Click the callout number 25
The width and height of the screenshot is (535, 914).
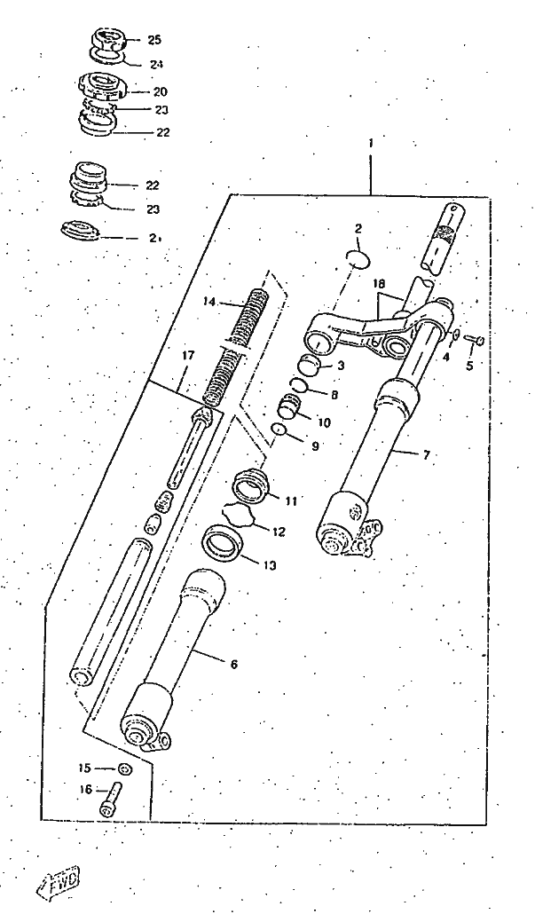154,40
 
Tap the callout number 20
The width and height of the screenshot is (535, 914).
160,91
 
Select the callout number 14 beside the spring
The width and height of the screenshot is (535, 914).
209,302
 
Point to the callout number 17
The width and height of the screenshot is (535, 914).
187,355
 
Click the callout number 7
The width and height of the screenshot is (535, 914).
426,455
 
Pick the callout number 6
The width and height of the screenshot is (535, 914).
233,663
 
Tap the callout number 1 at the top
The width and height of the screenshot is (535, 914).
371,143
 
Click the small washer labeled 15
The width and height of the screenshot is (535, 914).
123,768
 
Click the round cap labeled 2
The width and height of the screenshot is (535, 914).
357,259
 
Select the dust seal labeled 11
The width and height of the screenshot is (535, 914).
250,485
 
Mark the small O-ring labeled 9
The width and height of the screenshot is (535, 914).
279,430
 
